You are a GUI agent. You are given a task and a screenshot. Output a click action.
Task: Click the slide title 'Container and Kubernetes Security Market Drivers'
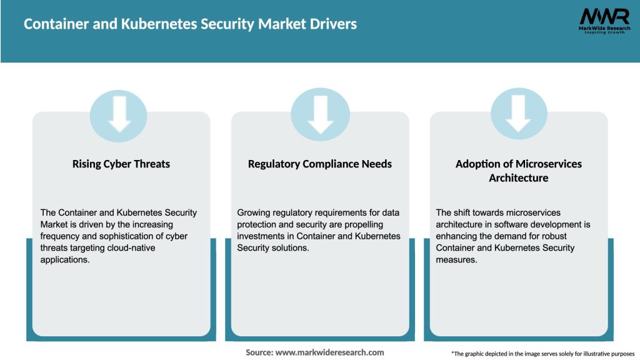(190, 24)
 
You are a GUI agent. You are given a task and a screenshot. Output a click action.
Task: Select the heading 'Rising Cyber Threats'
(121, 164)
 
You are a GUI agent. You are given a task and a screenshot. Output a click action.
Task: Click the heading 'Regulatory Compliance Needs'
(320, 164)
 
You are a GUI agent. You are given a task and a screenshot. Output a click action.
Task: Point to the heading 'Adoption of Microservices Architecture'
(518, 171)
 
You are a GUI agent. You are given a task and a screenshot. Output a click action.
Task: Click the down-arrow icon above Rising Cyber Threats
(119, 115)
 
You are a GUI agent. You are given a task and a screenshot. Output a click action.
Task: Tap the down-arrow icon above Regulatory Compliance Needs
(320, 115)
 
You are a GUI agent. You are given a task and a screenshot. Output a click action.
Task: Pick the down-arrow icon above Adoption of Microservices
(519, 115)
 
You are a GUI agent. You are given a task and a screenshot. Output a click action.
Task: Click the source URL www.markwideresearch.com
(330, 352)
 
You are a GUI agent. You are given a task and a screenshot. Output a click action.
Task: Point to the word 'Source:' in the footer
(259, 352)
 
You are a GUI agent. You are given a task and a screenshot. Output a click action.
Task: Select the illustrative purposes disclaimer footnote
(542, 354)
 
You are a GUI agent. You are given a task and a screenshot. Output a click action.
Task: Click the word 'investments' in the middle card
(261, 236)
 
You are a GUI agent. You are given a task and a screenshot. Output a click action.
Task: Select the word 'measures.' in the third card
(457, 260)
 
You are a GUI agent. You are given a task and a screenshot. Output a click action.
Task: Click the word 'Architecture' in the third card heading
(518, 178)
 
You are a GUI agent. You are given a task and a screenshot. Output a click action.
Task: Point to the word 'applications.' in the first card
(65, 260)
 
